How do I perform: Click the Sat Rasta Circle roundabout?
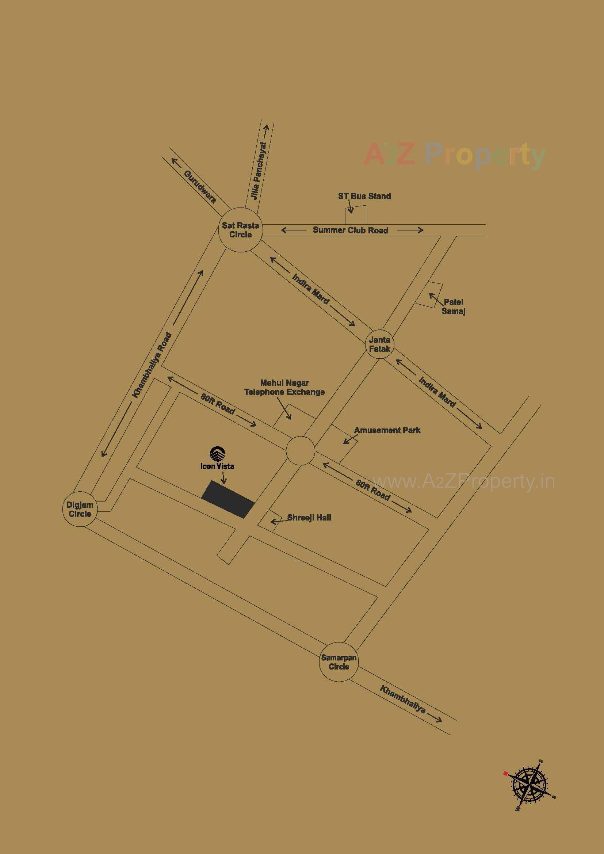tap(241, 230)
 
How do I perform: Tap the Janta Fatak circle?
tap(379, 344)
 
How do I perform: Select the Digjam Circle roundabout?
tap(80, 510)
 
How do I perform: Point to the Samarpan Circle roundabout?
tap(339, 662)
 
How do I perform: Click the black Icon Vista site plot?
tap(228, 499)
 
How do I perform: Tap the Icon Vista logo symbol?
tap(217, 453)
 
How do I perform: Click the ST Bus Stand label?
tap(364, 196)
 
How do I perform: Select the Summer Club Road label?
tap(350, 230)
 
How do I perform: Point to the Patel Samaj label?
tap(454, 306)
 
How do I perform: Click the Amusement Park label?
tap(387, 430)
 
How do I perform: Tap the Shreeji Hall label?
tap(309, 517)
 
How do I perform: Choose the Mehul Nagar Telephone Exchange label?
tap(284, 387)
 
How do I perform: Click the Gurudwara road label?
tap(200, 187)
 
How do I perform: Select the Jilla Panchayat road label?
tap(259, 171)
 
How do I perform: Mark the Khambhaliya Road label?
tap(153, 365)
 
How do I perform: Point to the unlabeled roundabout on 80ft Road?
tap(300, 450)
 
